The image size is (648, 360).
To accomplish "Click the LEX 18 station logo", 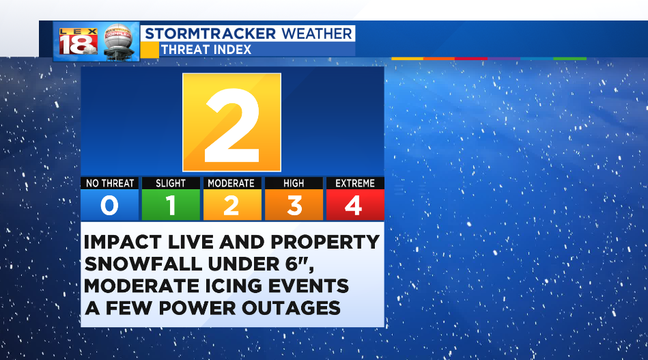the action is tap(78, 42).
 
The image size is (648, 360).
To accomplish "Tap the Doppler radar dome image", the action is tap(119, 42).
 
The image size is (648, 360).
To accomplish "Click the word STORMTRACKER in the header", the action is tap(210, 33).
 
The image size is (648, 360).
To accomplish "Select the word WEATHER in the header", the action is tap(317, 33).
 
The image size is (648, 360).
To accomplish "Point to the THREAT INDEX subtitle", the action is tap(206, 50).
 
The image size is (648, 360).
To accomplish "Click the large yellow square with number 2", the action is tap(232, 122).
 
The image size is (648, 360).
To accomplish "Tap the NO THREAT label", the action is tap(110, 183).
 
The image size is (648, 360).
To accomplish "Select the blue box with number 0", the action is tap(109, 205).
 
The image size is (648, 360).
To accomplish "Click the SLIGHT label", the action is tap(171, 183).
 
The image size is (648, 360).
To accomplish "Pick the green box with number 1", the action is tap(171, 205).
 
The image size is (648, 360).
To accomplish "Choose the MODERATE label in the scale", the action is tap(231, 183).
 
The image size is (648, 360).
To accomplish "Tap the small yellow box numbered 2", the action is tap(232, 205).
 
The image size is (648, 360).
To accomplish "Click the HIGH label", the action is tap(294, 183).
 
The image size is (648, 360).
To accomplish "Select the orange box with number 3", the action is tap(294, 205).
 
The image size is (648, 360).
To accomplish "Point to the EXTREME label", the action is tap(355, 183).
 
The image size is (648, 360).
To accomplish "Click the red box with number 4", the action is tap(355, 205).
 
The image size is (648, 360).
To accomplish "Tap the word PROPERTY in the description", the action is tap(325, 243).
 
